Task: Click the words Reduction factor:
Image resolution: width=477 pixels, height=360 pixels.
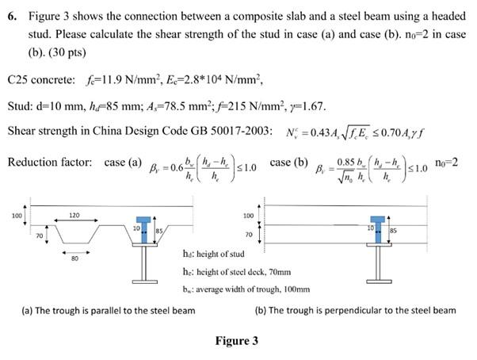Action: tap(51, 162)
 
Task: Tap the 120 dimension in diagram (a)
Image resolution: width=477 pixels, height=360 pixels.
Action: tap(74, 215)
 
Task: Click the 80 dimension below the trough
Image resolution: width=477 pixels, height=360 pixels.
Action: tap(74, 257)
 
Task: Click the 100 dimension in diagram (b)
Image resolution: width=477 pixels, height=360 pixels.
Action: tap(247, 215)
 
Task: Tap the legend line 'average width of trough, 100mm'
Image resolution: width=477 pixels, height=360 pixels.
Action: tap(241, 289)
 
